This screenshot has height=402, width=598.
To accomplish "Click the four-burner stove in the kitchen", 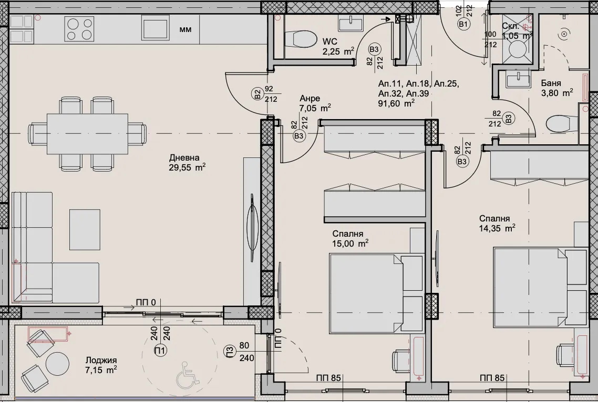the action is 80,29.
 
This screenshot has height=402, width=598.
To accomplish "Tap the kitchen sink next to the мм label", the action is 155,27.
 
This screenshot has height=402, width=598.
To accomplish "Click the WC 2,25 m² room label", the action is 338,47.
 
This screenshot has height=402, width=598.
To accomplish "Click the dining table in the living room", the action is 87,134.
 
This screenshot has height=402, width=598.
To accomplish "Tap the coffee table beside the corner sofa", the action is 85,230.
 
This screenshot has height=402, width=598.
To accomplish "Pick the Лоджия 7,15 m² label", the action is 101,365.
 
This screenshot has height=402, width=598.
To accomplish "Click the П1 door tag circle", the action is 161,351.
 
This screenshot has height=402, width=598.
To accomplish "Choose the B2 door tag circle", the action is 258,94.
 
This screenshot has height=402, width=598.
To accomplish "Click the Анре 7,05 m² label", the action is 315,103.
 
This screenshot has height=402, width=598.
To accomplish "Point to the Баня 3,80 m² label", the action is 557,88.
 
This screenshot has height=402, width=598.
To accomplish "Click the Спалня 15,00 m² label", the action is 350,239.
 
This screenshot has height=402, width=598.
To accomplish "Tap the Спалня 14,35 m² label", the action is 497,223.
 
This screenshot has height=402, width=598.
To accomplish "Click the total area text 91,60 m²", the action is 396,103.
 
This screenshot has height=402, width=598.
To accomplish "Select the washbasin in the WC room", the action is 351,24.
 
